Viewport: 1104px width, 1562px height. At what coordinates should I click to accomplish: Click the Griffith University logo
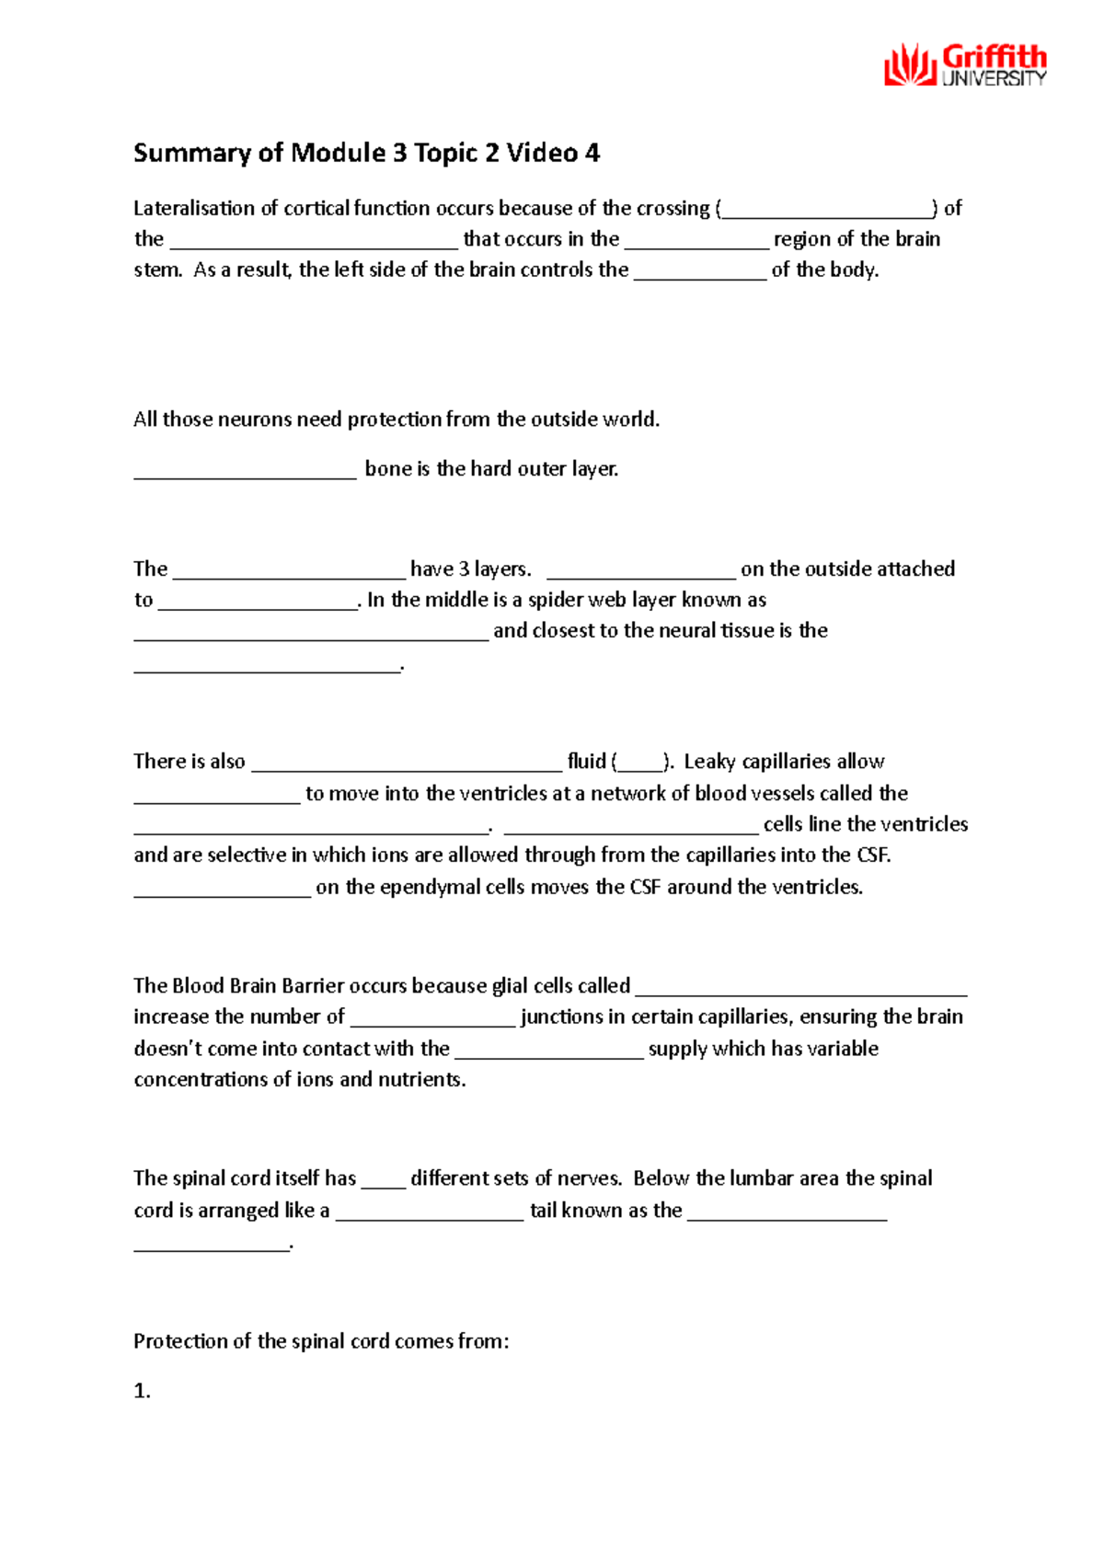(x=965, y=65)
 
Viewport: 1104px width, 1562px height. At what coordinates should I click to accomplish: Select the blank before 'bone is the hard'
(x=245, y=471)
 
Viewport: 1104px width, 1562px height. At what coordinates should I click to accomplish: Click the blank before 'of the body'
(x=699, y=271)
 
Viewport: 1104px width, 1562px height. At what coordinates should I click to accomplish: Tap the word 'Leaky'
(x=709, y=762)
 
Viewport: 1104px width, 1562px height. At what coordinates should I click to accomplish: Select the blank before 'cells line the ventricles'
(x=631, y=825)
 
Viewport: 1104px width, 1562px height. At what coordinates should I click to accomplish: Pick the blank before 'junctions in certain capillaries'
(x=432, y=1019)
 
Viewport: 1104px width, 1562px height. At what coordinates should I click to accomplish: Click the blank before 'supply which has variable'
(x=549, y=1051)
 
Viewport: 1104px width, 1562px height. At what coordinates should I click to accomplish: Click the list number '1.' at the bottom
(x=142, y=1391)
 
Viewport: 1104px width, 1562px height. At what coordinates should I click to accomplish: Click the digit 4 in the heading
(x=592, y=153)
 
